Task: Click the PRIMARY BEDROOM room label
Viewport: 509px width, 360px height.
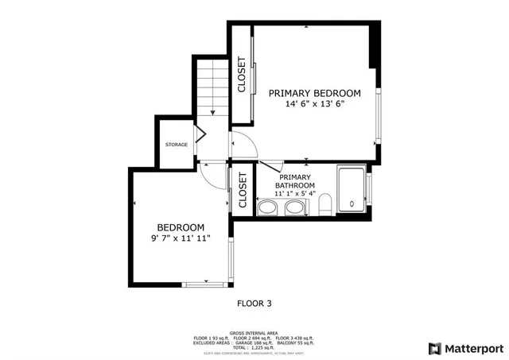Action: click(x=314, y=93)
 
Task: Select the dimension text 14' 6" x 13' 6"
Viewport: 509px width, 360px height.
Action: click(x=314, y=104)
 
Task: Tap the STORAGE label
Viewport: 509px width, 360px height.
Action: click(x=177, y=145)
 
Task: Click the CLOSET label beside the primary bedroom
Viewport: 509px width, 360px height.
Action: click(x=242, y=75)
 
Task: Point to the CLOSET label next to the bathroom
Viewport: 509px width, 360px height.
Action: click(x=242, y=191)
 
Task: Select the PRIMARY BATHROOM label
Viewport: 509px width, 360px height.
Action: click(x=295, y=181)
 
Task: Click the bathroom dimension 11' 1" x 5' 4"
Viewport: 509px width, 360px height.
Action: click(x=295, y=193)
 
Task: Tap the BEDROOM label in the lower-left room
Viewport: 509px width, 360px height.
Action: click(x=181, y=226)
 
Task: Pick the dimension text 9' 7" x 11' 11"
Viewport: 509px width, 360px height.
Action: click(x=181, y=238)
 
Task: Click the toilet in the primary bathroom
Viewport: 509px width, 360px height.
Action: click(x=324, y=207)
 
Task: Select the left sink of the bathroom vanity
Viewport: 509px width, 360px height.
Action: click(x=267, y=208)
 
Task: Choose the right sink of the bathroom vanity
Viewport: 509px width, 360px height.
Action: click(x=296, y=208)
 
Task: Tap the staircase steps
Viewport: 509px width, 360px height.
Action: click(x=212, y=87)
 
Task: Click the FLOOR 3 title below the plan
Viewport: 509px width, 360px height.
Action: click(x=254, y=303)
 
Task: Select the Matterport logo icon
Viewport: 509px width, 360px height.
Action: click(x=434, y=347)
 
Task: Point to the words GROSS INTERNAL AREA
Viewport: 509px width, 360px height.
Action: click(x=254, y=333)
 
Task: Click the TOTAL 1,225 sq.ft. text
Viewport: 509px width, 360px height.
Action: click(x=254, y=348)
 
